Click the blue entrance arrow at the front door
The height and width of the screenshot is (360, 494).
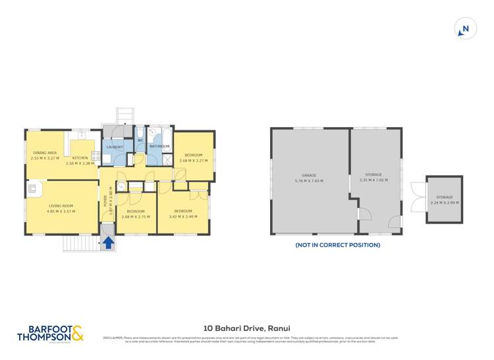pos(108,243)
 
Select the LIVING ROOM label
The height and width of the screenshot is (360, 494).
pos(61,206)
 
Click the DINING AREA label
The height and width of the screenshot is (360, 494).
pos(45,153)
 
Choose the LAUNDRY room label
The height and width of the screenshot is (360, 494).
pos(114,147)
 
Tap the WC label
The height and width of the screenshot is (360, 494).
pos(140,141)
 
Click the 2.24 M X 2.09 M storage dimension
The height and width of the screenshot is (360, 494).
pos(445,203)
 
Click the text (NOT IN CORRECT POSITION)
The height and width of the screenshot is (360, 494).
pos(337,245)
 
